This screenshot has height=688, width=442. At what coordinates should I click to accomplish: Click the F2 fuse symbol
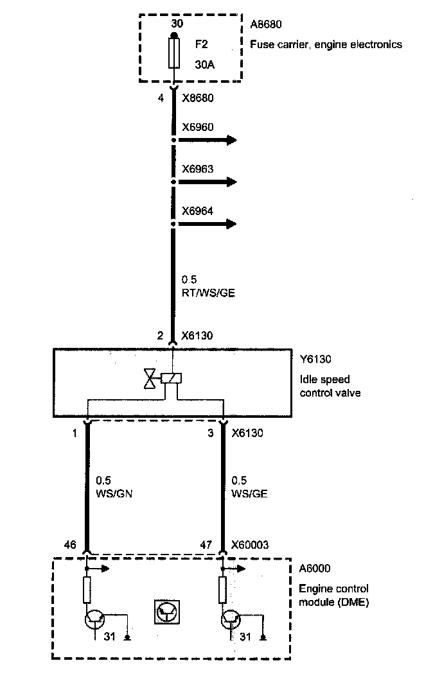pos(173,53)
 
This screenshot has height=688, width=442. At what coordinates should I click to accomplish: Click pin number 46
pos(71,546)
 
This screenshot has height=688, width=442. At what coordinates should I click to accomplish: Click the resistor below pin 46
pos(87,590)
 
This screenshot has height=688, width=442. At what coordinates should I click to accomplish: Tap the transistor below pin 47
pos(231,619)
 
